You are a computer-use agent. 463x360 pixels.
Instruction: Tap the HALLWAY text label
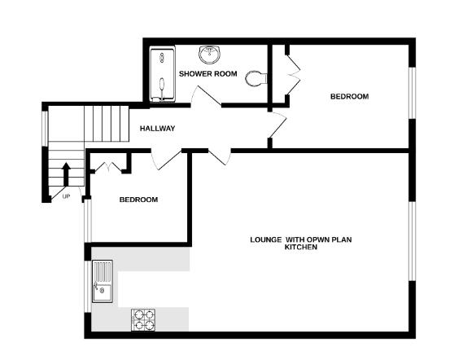click(x=157, y=129)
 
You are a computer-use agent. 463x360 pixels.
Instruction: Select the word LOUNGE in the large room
click(x=265, y=239)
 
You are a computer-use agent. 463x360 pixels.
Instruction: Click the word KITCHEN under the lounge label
click(x=300, y=248)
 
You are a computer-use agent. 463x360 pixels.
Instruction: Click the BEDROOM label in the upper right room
click(x=349, y=97)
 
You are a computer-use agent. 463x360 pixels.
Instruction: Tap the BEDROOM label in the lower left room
click(x=138, y=200)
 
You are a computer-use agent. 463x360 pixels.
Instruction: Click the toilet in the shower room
click(x=256, y=78)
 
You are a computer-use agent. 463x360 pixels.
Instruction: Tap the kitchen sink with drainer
click(x=103, y=281)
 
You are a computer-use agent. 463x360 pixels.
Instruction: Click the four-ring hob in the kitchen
click(x=143, y=319)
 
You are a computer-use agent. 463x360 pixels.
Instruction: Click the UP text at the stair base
click(x=66, y=195)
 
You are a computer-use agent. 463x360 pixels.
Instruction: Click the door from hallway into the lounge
click(x=219, y=157)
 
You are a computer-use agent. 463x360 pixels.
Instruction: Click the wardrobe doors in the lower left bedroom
click(x=108, y=167)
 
